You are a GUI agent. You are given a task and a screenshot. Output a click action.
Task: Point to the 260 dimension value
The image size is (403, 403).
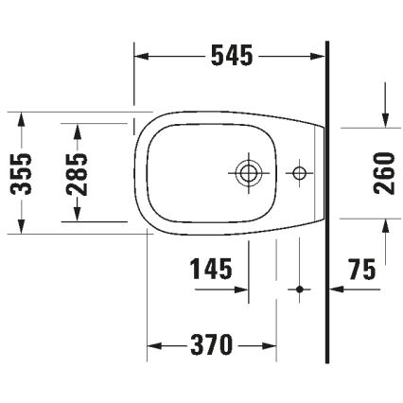tap(384, 171)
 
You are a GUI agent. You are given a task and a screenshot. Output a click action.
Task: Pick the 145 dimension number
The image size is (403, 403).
tap(211, 271)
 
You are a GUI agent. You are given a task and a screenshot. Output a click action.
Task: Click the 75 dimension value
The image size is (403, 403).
tap(360, 271)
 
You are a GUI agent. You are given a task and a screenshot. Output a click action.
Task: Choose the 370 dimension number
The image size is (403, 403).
tap(211, 345)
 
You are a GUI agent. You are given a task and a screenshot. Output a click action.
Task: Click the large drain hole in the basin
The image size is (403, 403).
tap(248, 172)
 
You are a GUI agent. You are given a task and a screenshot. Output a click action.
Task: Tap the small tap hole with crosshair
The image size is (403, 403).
tap(299, 172)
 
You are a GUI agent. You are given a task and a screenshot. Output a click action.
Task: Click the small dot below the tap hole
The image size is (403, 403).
tap(299, 288)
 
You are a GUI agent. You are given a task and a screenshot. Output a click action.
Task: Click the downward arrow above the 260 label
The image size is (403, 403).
tap(384, 119)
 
